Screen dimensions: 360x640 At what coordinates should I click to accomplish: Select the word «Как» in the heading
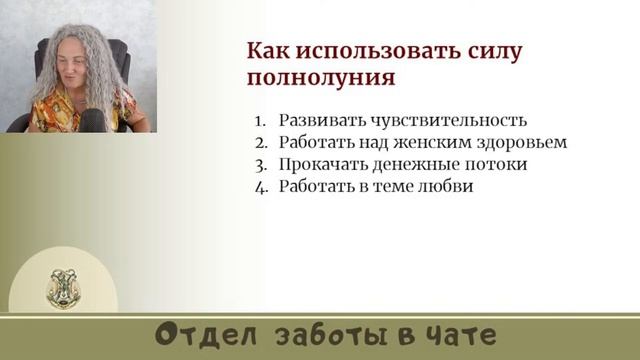(267, 50)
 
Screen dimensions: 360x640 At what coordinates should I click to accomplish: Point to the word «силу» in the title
(493, 50)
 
